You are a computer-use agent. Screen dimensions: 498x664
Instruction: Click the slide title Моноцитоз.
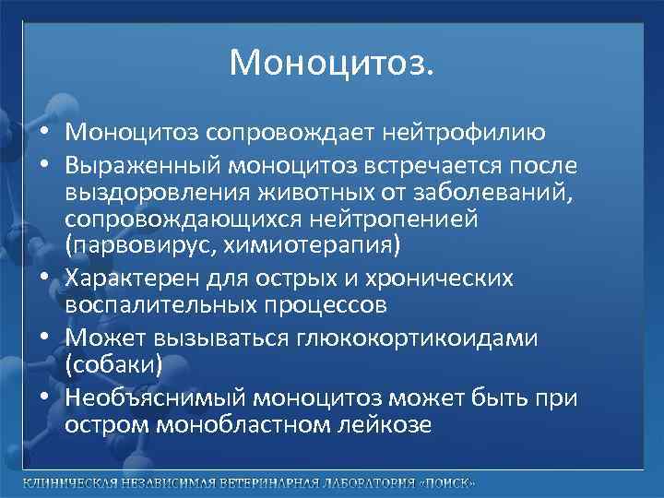tap(331, 64)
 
